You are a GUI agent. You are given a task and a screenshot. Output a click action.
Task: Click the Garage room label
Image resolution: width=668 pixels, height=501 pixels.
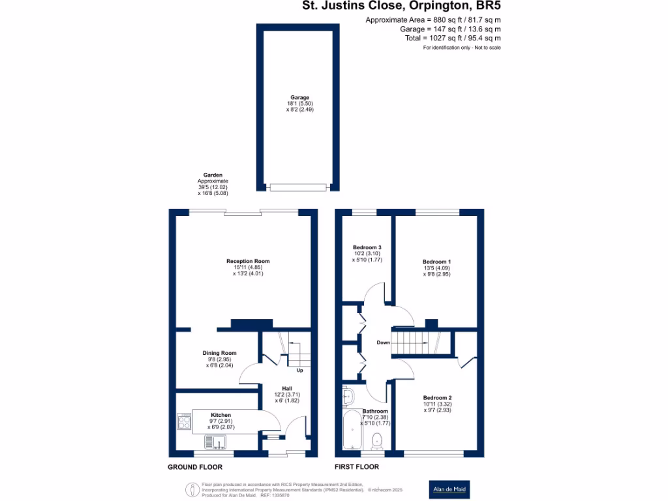click(x=300, y=98)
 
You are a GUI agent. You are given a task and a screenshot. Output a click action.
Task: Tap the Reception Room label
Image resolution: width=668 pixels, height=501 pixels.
click(x=248, y=261)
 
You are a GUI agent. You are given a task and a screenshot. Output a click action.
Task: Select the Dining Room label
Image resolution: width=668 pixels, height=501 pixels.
click(x=219, y=353)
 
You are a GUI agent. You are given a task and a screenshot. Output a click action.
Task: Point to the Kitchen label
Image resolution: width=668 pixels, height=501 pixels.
click(x=220, y=415)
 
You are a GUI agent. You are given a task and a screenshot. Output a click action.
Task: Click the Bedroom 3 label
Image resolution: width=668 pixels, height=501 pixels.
click(x=367, y=248)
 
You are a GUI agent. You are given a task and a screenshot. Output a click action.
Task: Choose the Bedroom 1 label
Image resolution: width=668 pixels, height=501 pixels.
click(x=436, y=262)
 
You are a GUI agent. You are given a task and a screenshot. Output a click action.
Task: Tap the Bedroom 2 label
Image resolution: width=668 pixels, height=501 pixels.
click(x=437, y=398)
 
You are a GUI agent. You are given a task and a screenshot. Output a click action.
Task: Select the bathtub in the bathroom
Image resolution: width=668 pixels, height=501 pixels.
click(x=352, y=430)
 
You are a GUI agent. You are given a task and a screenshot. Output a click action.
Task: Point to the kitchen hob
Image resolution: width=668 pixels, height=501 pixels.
click(x=184, y=423)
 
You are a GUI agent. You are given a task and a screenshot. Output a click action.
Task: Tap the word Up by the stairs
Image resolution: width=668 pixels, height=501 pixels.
click(x=300, y=371)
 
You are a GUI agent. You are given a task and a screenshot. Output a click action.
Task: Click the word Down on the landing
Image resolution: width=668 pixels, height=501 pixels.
click(x=384, y=342)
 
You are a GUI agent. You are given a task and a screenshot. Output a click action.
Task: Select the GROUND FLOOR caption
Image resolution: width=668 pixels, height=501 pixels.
click(x=195, y=467)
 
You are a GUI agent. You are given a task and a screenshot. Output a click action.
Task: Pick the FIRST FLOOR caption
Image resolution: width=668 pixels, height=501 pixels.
click(x=357, y=467)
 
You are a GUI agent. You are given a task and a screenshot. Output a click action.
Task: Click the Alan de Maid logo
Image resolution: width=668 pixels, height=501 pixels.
click(x=450, y=489)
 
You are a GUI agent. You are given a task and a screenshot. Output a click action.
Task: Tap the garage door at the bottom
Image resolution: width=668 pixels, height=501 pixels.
click(x=298, y=187)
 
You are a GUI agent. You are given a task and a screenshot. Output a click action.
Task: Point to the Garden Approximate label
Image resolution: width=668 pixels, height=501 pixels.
click(x=213, y=185)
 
